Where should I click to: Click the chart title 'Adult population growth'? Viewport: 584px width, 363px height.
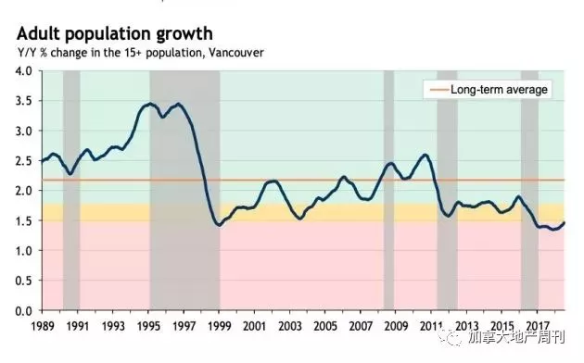click(115, 34)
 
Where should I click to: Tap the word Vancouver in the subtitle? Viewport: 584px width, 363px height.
click(235, 53)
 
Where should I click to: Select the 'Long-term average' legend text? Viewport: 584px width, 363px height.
click(499, 90)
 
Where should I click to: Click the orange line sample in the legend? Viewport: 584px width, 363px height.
click(439, 90)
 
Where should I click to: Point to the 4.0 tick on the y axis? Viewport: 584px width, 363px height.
click(23, 70)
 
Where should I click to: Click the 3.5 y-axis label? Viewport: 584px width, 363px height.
click(23, 101)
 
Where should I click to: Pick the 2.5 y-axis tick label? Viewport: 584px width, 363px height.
click(23, 161)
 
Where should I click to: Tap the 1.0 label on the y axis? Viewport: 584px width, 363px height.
click(23, 250)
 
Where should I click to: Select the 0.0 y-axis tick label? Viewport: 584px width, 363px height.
click(23, 310)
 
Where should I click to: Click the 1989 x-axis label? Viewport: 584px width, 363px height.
click(43, 326)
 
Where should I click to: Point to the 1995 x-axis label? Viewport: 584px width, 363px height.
click(148, 326)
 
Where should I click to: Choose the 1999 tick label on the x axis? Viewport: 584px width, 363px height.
click(220, 326)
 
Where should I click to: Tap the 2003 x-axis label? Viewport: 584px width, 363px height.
click(290, 326)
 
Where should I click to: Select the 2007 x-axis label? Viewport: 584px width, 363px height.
click(361, 326)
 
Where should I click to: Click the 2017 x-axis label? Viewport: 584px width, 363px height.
click(538, 326)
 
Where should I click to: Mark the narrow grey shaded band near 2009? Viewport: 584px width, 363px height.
click(388, 190)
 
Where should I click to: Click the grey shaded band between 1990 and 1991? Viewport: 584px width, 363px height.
click(71, 190)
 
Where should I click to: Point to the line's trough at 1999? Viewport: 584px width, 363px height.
click(220, 225)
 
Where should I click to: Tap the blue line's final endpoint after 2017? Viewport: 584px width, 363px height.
click(564, 223)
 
